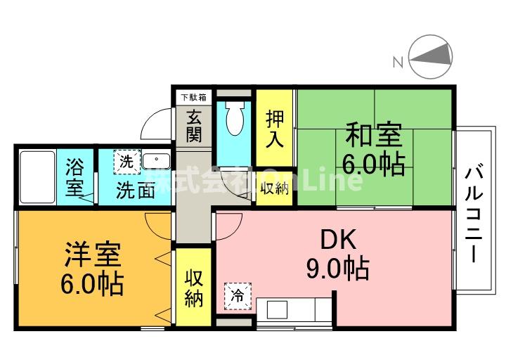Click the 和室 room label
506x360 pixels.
point(374,134)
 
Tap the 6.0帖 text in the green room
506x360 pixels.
point(373,164)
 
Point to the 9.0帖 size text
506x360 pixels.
point(337,269)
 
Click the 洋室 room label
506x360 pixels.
point(93,255)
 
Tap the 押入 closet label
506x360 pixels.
point(275,127)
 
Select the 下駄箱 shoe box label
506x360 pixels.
point(193,96)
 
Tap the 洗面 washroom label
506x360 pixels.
point(136,190)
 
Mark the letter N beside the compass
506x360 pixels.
point(397,63)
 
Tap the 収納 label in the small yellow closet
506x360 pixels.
point(275,188)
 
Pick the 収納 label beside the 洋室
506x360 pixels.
point(194,288)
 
